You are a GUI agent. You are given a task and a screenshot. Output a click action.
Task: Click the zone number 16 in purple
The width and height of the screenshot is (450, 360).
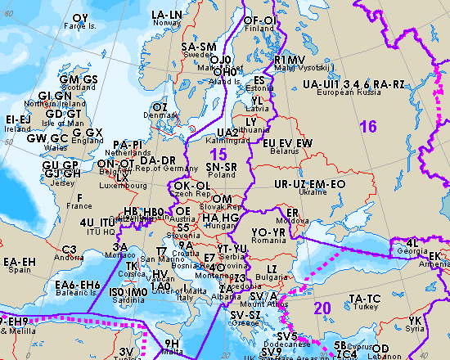367,126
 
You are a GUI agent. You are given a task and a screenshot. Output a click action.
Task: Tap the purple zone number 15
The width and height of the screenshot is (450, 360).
218,154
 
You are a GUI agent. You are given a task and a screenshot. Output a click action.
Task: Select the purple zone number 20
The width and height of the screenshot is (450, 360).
322,308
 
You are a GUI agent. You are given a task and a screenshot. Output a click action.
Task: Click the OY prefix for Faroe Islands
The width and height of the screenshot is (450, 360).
80,18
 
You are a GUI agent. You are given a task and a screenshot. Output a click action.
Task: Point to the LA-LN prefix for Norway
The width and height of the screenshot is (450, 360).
167,16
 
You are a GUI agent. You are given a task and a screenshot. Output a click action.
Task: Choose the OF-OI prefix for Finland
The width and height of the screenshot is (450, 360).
259,20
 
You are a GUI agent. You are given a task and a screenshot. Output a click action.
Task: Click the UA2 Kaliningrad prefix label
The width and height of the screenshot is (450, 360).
227,132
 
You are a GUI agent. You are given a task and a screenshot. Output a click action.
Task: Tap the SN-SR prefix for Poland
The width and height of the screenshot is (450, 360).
223,166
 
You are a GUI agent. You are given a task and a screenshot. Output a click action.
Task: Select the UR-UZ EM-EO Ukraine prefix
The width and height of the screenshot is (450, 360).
310,185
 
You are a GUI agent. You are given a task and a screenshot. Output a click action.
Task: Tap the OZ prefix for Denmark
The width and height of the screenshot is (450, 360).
160,107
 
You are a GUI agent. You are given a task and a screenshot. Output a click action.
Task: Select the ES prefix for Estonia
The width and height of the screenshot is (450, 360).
259,80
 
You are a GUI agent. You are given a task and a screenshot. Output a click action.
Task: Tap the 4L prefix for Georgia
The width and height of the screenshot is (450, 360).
411,241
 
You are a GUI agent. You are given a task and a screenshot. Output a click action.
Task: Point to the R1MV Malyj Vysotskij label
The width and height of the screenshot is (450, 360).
290,60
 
